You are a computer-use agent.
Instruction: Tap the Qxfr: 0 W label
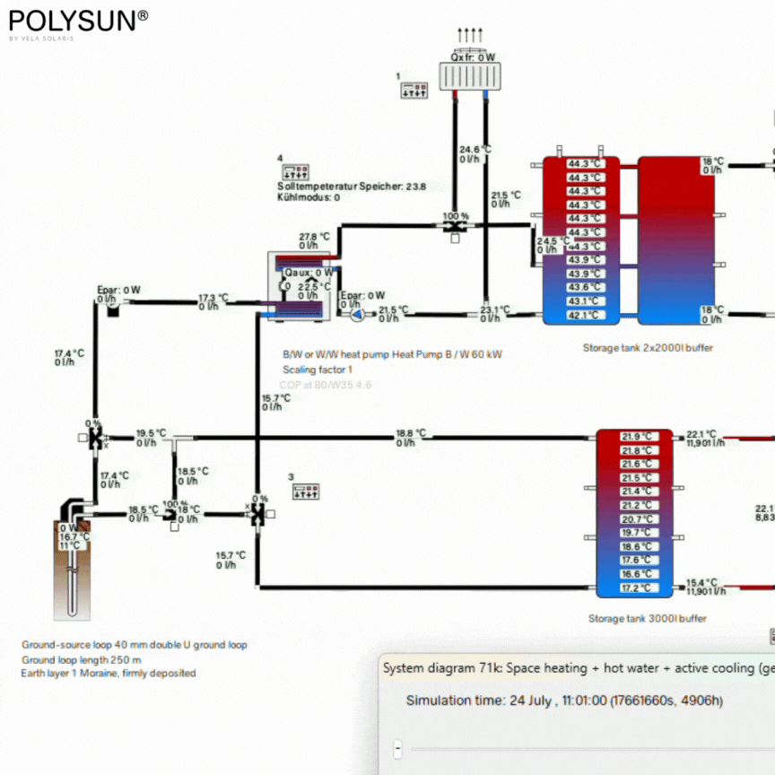(x=473, y=57)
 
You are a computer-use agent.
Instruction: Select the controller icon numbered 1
(x=414, y=91)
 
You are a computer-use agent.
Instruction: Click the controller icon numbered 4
(x=296, y=171)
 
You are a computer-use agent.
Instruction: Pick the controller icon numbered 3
(x=306, y=491)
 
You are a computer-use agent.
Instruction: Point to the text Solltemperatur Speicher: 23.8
(x=352, y=187)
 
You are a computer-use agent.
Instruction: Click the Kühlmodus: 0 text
(x=309, y=197)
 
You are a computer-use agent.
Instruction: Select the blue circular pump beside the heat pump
(x=357, y=315)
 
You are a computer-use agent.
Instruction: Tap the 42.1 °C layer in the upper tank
(x=585, y=315)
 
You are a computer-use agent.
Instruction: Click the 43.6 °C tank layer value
(x=585, y=287)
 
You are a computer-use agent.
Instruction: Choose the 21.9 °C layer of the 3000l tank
(x=637, y=437)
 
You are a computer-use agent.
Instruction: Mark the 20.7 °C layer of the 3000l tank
(x=637, y=519)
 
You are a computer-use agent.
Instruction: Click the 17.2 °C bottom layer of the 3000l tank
(x=637, y=588)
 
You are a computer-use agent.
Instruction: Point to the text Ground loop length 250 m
(x=82, y=659)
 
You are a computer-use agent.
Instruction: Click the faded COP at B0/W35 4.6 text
(x=327, y=385)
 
